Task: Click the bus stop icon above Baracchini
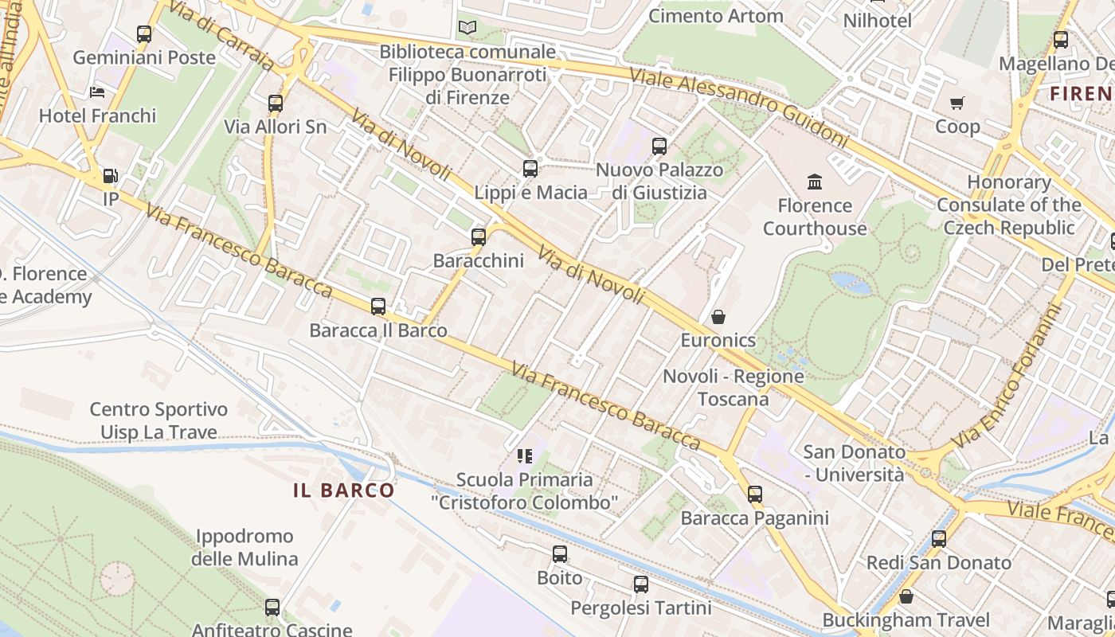point(478,236)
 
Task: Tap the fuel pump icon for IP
point(110,176)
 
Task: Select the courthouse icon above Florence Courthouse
point(814,182)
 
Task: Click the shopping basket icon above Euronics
point(718,317)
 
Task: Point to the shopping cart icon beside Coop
point(957,103)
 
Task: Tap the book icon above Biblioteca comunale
point(468,28)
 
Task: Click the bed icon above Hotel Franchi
point(97,92)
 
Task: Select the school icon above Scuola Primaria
point(524,456)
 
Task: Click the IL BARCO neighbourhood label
point(343,490)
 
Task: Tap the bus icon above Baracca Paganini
point(754,494)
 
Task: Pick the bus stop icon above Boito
point(560,554)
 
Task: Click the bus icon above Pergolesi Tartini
point(640,585)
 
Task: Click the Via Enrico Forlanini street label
point(1009,377)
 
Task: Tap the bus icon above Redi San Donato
point(939,539)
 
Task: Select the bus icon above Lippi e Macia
point(530,169)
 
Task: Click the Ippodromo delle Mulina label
point(245,547)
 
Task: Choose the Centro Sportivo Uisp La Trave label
point(158,420)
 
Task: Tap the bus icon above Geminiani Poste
point(144,34)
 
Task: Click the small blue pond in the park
point(851,282)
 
